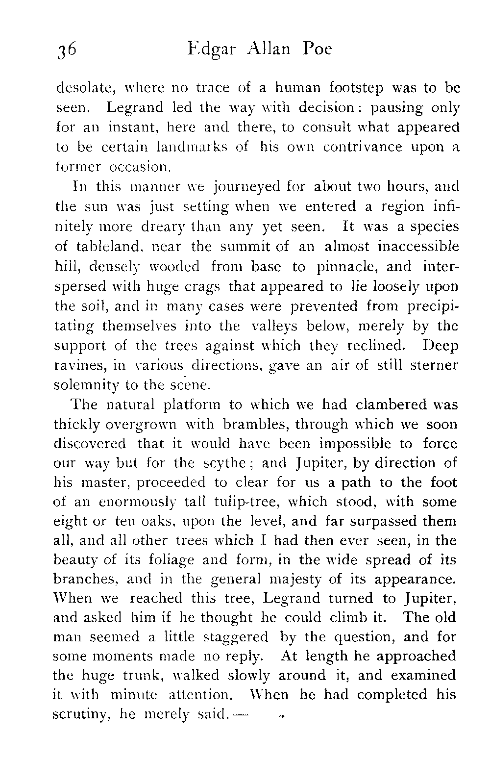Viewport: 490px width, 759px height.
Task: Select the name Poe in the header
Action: pos(318,50)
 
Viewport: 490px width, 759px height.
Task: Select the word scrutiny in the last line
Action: pos(81,715)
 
